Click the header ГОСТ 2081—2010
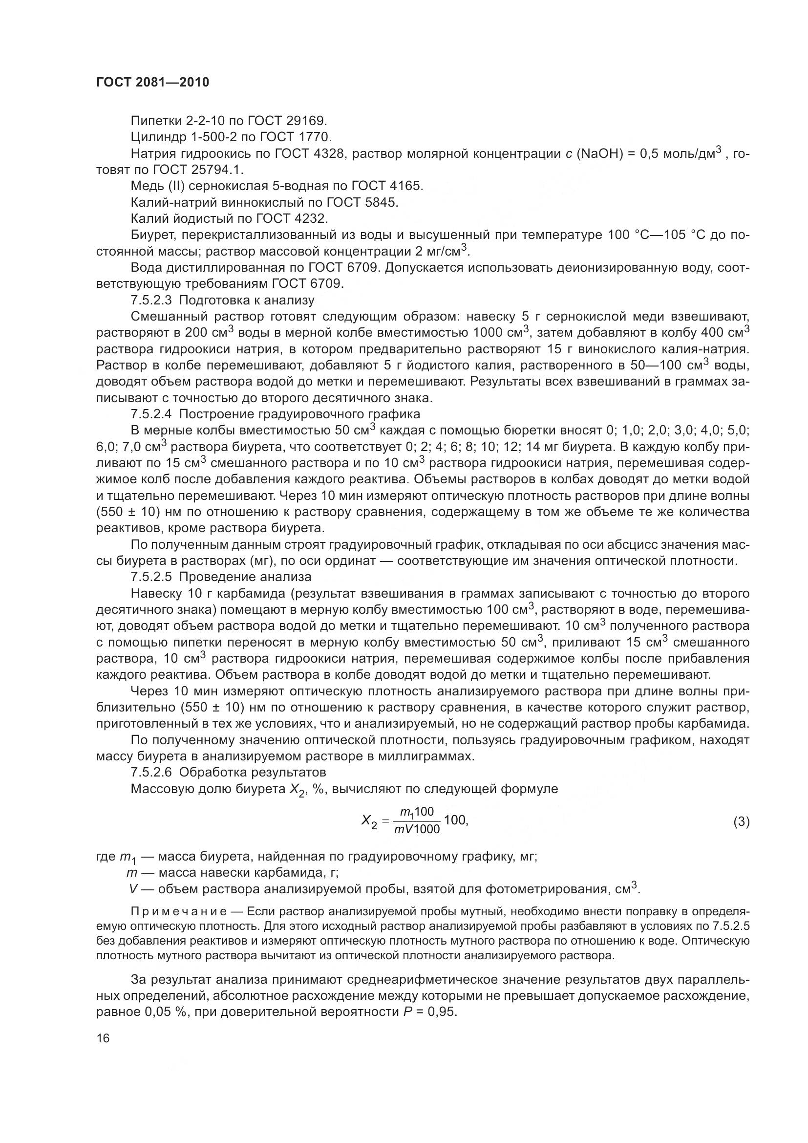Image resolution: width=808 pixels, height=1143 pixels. tap(152, 82)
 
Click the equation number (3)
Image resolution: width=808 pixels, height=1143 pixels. tap(741, 822)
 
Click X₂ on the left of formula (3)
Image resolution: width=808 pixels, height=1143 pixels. tap(370, 821)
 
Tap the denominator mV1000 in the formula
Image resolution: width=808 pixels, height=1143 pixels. tap(417, 829)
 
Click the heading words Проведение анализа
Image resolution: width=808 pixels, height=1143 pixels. tap(245, 577)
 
